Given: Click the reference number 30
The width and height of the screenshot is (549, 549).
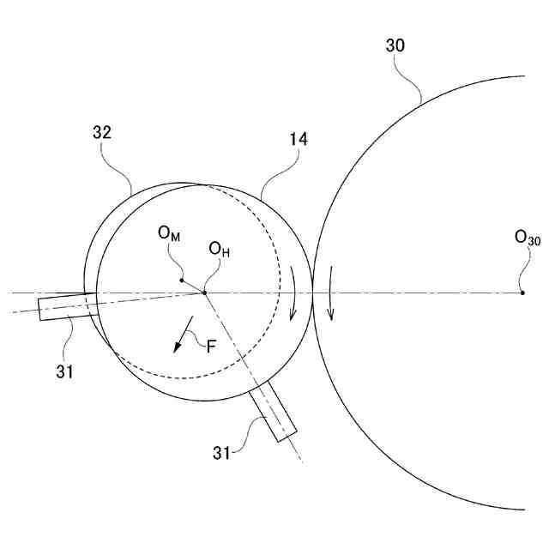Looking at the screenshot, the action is [395, 46].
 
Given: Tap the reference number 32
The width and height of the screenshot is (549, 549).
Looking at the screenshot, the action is [102, 133].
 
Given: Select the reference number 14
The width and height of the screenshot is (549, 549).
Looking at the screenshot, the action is [299, 137].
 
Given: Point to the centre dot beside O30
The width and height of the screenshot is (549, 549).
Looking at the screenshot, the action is [523, 293].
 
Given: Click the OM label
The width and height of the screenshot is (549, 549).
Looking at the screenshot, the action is [169, 232].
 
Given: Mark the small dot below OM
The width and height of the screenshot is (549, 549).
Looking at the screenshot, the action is [181, 280].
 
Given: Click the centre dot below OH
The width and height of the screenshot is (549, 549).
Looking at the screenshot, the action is [204, 293].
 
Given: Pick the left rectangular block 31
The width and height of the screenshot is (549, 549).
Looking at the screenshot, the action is [67, 306].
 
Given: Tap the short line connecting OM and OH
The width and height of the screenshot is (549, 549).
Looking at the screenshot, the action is [192, 286].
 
